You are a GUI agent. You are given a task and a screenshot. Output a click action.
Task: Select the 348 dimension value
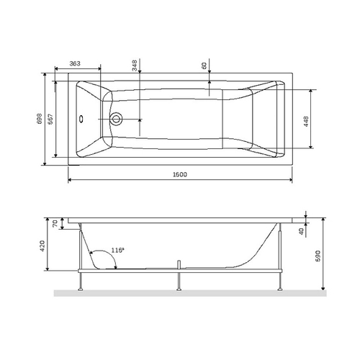[135, 66]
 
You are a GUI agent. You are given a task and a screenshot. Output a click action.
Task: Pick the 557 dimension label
[50, 120]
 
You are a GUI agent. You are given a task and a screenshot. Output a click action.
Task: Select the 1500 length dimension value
[179, 176]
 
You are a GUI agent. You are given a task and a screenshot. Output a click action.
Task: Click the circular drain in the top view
[116, 120]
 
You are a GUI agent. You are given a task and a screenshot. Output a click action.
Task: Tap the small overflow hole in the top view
[81, 120]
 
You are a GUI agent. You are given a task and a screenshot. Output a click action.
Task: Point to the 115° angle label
[117, 250]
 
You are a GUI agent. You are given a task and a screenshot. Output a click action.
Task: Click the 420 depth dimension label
[42, 246]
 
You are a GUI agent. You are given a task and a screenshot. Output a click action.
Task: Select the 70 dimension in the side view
[53, 225]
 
